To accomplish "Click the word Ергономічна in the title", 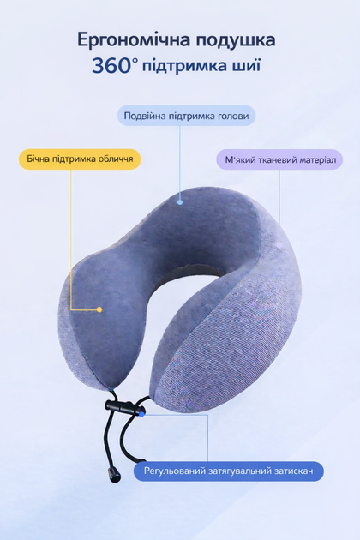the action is pyautogui.click(x=134, y=40).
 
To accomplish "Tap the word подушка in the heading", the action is pyautogui.click(x=236, y=40).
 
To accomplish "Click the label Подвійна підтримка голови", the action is pyautogui.click(x=186, y=116).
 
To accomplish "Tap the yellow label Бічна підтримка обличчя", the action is pyautogui.click(x=80, y=159).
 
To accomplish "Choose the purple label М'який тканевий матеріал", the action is pyautogui.click(x=279, y=159).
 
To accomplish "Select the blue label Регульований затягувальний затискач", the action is pyautogui.click(x=229, y=471).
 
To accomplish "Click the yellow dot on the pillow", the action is pyautogui.click(x=99, y=309).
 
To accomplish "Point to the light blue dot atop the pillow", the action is pyautogui.click(x=180, y=202).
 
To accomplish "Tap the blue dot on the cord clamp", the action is pyautogui.click(x=141, y=414).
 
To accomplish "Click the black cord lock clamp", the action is pyautogui.click(x=124, y=407).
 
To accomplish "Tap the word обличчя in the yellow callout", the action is pyautogui.click(x=116, y=159).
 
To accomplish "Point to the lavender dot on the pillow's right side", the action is pyautogui.click(x=279, y=244).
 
